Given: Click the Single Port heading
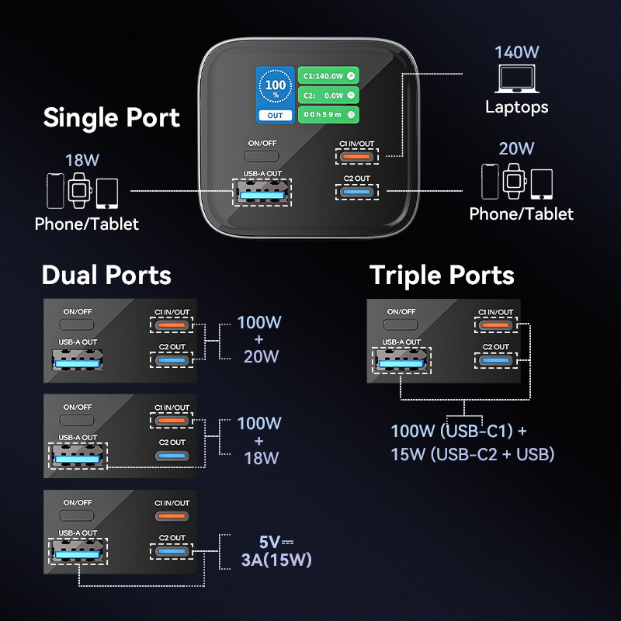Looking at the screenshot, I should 112,118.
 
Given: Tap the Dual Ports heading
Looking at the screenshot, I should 106,275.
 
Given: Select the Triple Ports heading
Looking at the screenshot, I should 442,275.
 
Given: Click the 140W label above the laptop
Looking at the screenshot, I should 517,53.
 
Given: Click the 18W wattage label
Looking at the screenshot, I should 82,161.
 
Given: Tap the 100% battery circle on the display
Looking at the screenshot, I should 276,88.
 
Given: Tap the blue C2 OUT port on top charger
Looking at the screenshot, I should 356,192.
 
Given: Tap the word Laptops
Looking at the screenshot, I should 517,107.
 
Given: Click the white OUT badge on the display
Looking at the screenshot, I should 276,116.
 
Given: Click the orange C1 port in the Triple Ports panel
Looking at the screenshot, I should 495,325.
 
